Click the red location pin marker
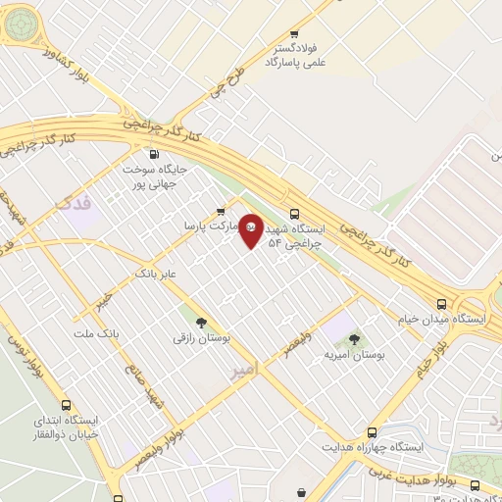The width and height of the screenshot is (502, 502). point(251,229)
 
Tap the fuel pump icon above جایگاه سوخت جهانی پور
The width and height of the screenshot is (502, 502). point(153,154)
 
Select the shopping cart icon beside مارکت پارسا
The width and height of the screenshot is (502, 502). point(220,211)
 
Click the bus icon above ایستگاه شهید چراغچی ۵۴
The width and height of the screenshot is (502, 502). point(294,214)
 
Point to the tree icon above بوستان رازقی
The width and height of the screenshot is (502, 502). point(201,321)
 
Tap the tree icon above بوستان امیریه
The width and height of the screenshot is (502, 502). point(355,338)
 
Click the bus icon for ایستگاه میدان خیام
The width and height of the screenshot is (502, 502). point(442,304)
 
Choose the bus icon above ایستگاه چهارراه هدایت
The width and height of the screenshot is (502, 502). point(372,431)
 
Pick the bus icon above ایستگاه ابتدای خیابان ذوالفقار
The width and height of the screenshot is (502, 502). point(66,405)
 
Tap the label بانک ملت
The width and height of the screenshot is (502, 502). point(95,334)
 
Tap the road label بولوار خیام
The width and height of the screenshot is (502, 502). point(435,360)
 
